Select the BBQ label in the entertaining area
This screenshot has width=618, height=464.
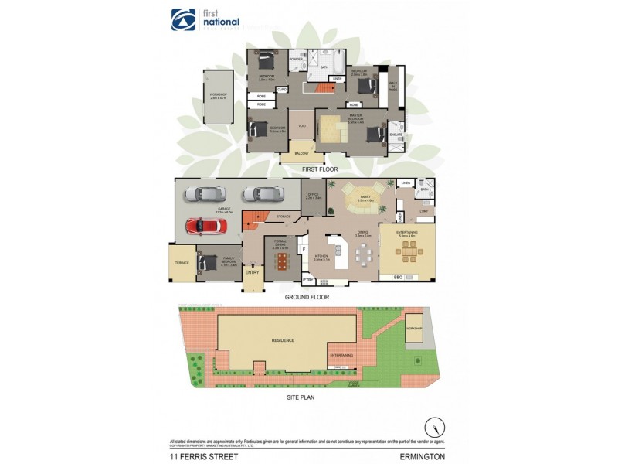click(398, 277)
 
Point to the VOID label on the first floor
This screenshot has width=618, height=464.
click(302, 125)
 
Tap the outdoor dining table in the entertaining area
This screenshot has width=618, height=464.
click(407, 251)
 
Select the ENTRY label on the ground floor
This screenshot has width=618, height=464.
click(253, 272)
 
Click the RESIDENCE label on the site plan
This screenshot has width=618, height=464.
click(283, 339)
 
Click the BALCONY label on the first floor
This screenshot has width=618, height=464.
click(301, 154)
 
